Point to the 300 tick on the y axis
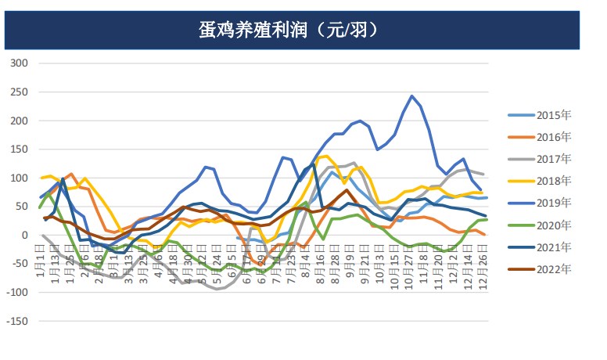17,63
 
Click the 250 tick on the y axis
17,92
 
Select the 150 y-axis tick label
17,149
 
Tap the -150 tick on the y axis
16,321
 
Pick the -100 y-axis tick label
16,293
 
